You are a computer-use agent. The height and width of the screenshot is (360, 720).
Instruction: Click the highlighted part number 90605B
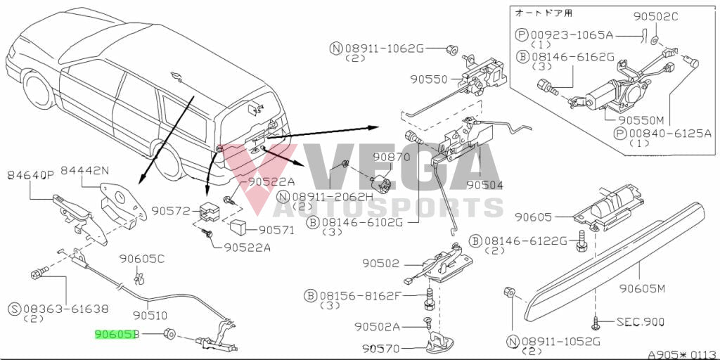116,334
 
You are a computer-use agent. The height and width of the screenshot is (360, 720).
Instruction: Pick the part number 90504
485,185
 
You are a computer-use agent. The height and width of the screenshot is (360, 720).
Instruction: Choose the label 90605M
656,288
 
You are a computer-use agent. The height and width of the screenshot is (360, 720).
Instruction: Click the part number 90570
381,348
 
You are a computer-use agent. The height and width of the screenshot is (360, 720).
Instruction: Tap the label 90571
278,229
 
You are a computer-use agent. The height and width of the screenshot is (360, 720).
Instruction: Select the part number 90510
150,316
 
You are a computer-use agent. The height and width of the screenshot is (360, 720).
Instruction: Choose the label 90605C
141,259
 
